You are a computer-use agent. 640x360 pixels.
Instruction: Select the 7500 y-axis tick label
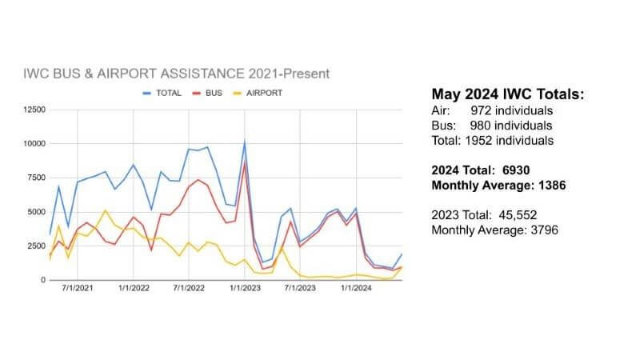coord(34,178)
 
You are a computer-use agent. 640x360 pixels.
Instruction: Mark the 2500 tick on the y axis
coord(34,246)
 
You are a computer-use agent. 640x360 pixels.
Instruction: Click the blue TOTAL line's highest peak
coord(244,142)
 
